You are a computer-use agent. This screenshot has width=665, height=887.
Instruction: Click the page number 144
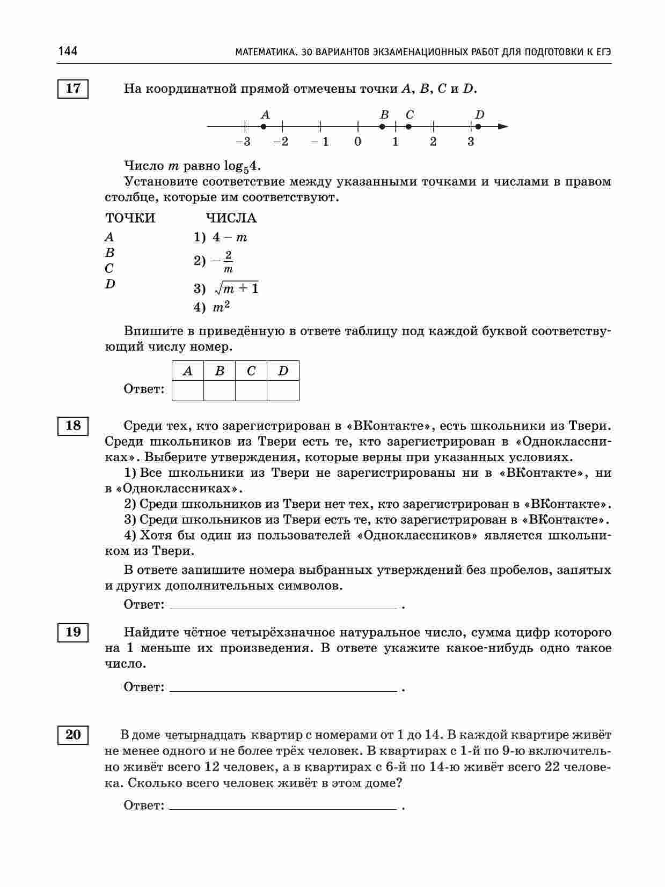68,51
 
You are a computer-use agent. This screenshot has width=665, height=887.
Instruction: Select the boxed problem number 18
73,426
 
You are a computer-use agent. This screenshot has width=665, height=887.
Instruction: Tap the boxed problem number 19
73,632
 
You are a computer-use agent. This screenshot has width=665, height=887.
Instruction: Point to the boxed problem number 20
73,735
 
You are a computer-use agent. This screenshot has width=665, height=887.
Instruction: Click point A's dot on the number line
264,127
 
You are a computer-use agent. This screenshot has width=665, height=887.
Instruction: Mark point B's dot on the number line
382,127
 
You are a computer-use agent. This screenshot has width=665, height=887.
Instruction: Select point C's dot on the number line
409,127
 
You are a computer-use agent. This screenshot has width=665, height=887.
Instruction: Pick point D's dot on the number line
478,127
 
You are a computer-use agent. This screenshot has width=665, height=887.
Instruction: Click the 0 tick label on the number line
358,142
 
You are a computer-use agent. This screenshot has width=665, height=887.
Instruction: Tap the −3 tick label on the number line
243,142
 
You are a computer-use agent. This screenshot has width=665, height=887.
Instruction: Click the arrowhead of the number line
503,127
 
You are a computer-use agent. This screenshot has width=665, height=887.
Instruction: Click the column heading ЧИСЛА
231,218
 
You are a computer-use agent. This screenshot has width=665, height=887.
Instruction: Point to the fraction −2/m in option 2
225,261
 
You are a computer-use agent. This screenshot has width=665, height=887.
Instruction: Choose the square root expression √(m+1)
236,289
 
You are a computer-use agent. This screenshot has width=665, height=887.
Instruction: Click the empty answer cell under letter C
251,390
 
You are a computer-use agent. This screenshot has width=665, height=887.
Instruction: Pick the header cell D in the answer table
283,371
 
